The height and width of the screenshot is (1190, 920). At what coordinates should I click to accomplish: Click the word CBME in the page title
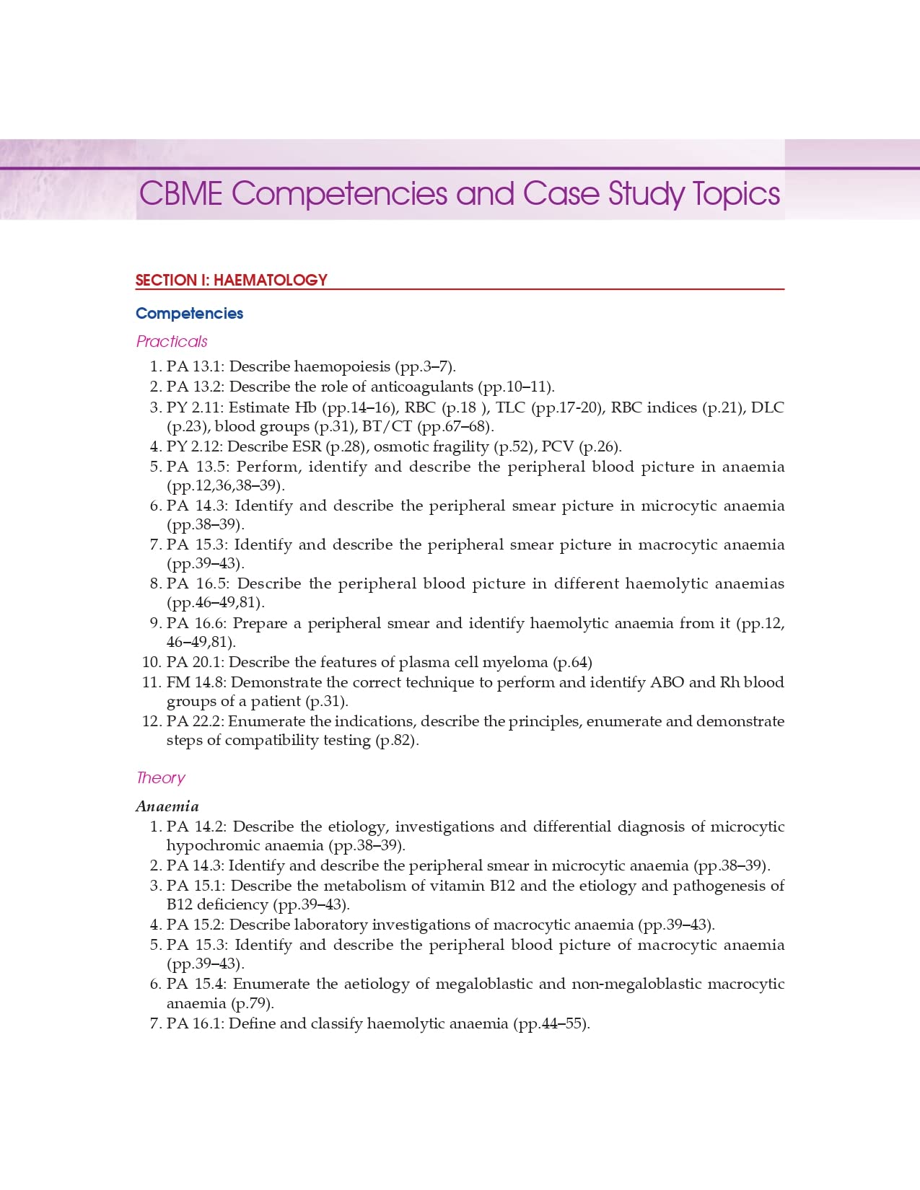[x=181, y=194]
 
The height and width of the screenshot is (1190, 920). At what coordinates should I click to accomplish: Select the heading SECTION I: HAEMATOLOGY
[x=231, y=280]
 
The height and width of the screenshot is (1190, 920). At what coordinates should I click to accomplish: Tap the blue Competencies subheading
[x=189, y=313]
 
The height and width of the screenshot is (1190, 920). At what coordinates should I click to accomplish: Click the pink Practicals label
[x=172, y=341]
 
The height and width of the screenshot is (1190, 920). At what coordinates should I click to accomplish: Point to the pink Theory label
[x=160, y=777]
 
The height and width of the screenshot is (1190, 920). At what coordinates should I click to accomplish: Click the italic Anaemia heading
[x=167, y=806]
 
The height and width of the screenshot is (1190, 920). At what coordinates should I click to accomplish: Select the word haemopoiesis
[x=342, y=366]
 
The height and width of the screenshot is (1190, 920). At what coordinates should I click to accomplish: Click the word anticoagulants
[x=422, y=387]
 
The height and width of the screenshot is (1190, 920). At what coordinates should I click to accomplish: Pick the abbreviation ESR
[x=307, y=446]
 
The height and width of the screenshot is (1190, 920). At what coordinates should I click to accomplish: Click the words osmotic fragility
[x=431, y=446]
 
